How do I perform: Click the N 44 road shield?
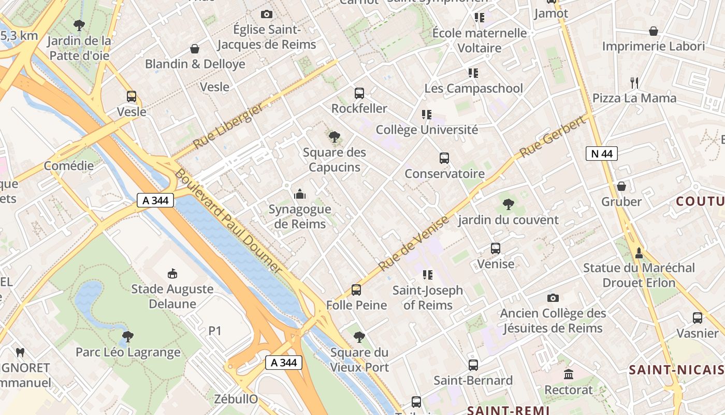pyautogui.click(x=602, y=154)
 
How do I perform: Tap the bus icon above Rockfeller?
pyautogui.click(x=359, y=93)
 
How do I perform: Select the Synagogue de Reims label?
pyautogui.click(x=300, y=217)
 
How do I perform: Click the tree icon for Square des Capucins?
pyautogui.click(x=335, y=137)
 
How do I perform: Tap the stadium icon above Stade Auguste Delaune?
pyautogui.click(x=172, y=273)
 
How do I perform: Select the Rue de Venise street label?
pyautogui.click(x=413, y=243)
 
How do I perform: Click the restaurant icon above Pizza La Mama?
pyautogui.click(x=634, y=82)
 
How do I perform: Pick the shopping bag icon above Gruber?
pyautogui.click(x=621, y=186)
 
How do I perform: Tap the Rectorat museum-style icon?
pyautogui.click(x=569, y=374)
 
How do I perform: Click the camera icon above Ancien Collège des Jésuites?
pyautogui.click(x=553, y=298)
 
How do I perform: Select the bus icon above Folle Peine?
pyautogui.click(x=356, y=290)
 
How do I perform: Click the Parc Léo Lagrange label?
pyautogui.click(x=128, y=352)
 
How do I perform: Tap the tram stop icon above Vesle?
pyautogui.click(x=132, y=96)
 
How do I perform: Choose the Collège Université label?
pyautogui.click(x=427, y=130)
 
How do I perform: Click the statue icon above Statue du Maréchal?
pyautogui.click(x=639, y=253)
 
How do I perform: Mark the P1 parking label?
pyautogui.click(x=215, y=330)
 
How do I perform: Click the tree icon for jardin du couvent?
pyautogui.click(x=509, y=204)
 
